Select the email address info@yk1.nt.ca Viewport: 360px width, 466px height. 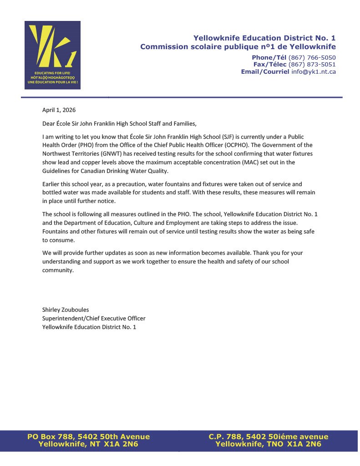coord(314,72)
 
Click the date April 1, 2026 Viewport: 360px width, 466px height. coord(59,110)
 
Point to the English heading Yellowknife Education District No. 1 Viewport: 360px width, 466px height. coord(264,38)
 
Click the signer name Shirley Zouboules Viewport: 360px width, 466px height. coord(66,309)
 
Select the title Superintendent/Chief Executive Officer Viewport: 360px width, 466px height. coord(94,318)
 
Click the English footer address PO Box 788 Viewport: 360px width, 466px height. coord(88,437)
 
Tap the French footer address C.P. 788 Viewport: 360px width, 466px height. coord(268,437)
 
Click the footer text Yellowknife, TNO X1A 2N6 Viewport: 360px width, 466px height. coord(268,444)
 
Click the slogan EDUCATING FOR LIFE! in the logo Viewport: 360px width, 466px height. coord(52,73)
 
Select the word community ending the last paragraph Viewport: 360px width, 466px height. coord(57,270)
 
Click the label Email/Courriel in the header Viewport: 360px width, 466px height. coord(265,72)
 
